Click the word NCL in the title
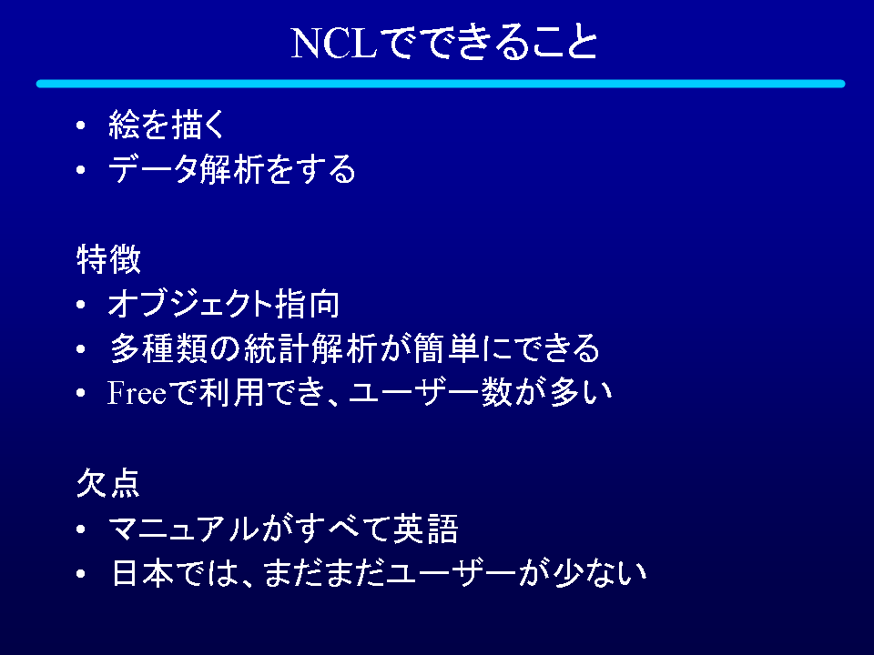334,44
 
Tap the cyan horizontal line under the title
441,84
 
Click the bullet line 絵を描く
167,124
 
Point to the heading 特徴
108,259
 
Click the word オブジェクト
190,304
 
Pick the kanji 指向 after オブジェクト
307,304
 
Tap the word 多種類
158,348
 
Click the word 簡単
446,348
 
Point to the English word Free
137,393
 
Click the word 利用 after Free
231,393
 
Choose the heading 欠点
108,483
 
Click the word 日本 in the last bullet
143,573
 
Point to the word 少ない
600,573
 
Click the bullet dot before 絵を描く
81,125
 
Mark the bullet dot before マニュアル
81,529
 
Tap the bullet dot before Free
81,393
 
